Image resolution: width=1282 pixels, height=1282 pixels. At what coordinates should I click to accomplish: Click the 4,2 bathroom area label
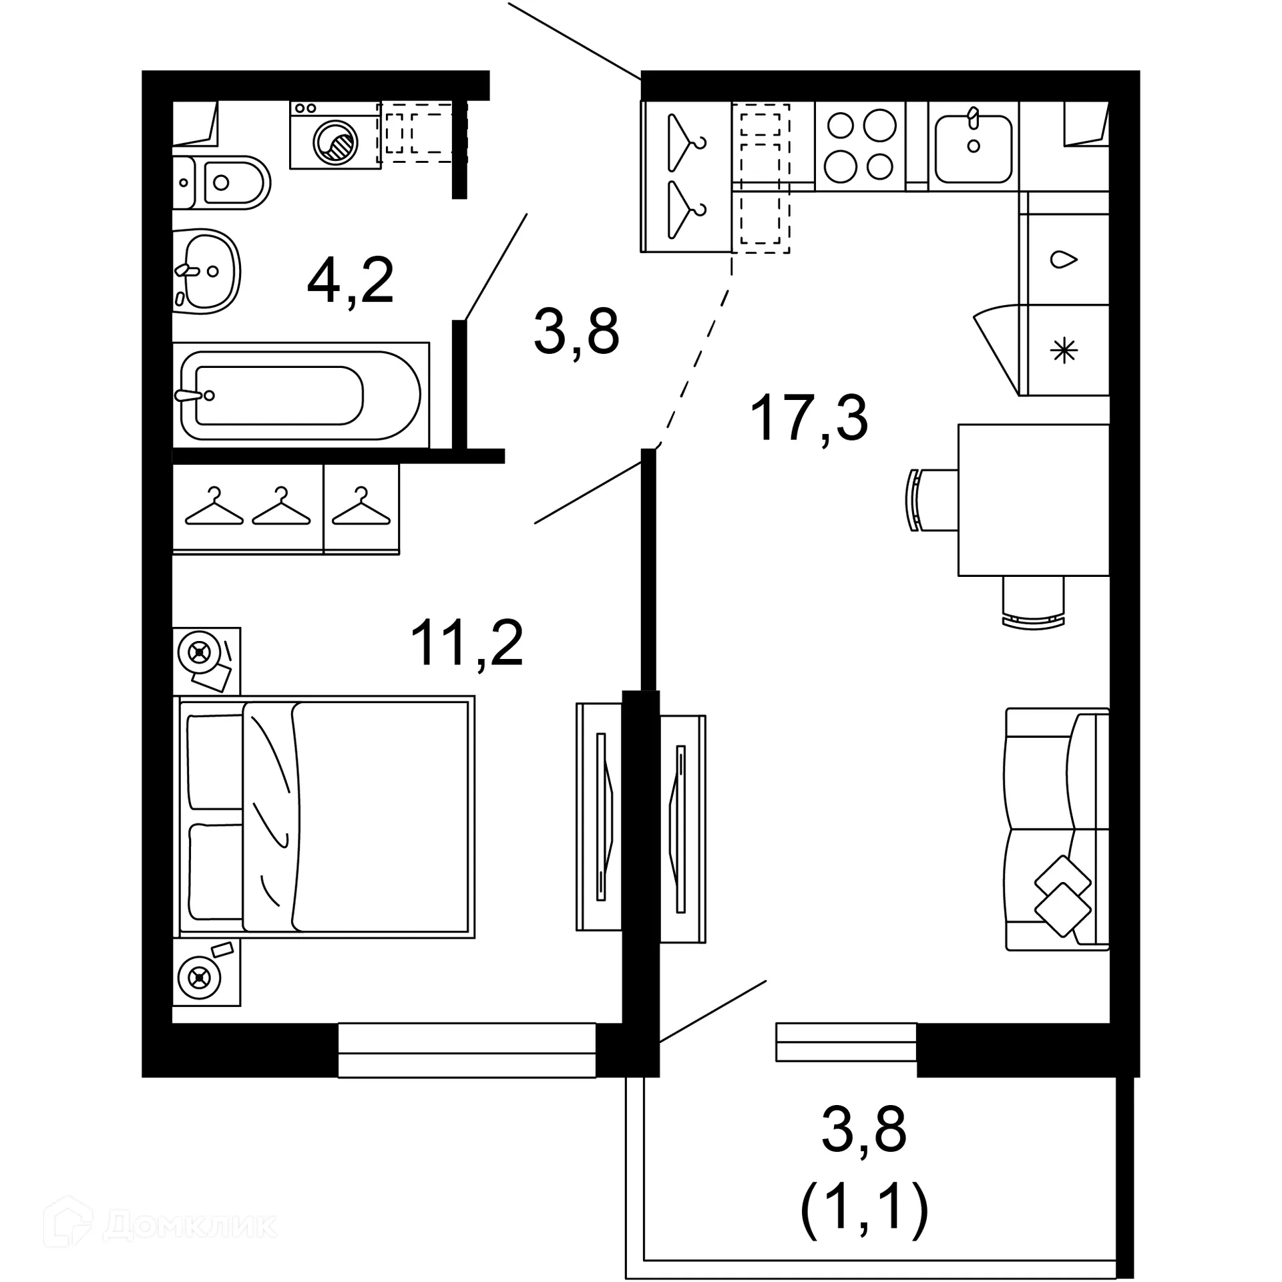click(x=351, y=281)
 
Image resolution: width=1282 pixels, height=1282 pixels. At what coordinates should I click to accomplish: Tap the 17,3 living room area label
click(x=809, y=419)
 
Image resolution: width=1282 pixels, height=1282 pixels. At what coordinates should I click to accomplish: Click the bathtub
click(x=300, y=395)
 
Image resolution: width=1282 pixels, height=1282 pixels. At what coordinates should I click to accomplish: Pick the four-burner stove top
click(x=860, y=146)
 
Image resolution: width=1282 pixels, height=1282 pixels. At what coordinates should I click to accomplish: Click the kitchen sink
click(x=974, y=148)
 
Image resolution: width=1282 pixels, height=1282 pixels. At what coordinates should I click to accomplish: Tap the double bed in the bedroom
click(x=325, y=816)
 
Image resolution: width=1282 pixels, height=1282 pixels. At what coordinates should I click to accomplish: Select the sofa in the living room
click(x=1056, y=829)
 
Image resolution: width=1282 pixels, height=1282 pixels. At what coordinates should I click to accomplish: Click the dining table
click(x=1033, y=499)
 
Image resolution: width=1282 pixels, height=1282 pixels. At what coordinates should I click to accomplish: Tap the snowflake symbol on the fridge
click(x=1064, y=351)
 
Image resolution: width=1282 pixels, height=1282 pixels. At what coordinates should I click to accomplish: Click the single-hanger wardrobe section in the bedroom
click(x=361, y=509)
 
